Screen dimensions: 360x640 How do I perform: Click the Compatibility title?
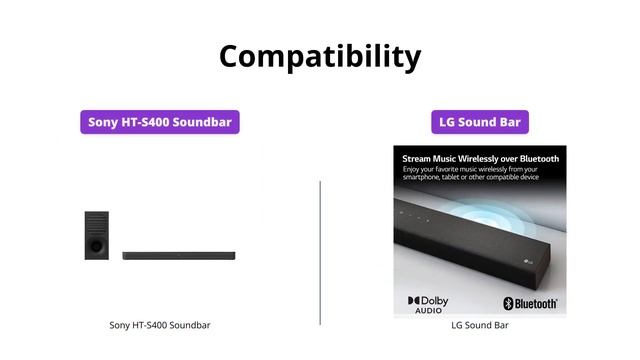coord(320,55)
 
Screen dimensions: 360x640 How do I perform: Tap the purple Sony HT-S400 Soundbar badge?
coord(160,122)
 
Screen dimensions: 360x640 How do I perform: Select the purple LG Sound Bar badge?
coord(479,122)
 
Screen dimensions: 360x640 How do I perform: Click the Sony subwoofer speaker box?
coord(97,236)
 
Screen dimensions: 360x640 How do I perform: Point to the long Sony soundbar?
coord(179,256)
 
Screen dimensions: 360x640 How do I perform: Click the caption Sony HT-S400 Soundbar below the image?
coord(160,325)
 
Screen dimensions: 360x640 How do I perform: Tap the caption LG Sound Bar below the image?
coord(480,325)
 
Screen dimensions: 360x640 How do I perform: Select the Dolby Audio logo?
coord(428,303)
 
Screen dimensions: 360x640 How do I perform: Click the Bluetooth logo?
coord(530,303)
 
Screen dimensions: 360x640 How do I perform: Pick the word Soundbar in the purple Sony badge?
coord(206,122)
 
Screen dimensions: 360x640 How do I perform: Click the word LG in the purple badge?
coord(449,122)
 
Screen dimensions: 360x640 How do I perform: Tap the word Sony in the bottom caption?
coord(120,325)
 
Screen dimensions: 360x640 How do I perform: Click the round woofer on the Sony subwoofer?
coord(95,243)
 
